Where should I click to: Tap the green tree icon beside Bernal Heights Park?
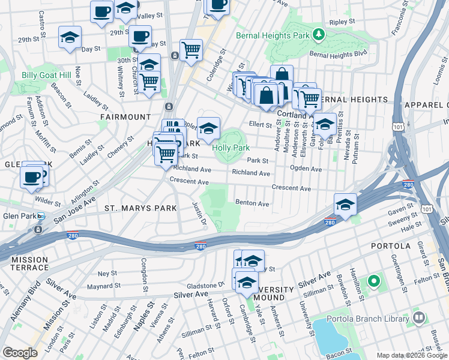pyautogui.click(x=319, y=35)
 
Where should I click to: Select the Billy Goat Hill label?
pyautogui.click(x=46, y=75)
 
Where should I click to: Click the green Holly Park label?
pyautogui.click(x=231, y=147)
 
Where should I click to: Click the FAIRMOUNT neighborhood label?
pyautogui.click(x=126, y=116)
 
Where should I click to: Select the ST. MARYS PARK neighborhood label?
pyautogui.click(x=140, y=208)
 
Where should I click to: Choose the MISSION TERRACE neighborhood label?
pyautogui.click(x=29, y=264)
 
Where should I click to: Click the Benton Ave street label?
pyautogui.click(x=252, y=203)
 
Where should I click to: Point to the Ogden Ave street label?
pyautogui.click(x=306, y=169)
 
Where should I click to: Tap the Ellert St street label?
pyautogui.click(x=261, y=125)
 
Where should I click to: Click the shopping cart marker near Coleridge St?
pyautogui.click(x=191, y=50)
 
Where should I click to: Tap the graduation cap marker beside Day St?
pyautogui.click(x=70, y=37)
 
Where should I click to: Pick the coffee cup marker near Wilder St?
pyautogui.click(x=31, y=177)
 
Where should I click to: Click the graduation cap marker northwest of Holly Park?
pyautogui.click(x=208, y=127)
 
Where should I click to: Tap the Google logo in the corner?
pyautogui.click(x=20, y=353)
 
